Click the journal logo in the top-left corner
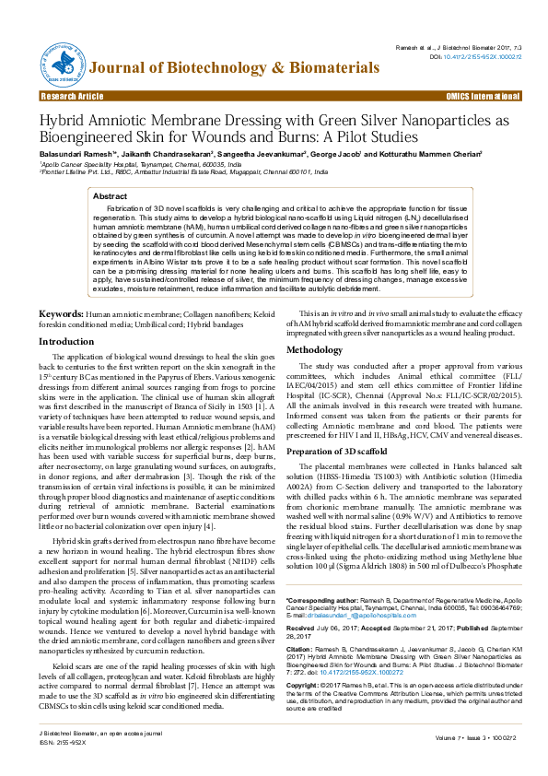click(x=56, y=56)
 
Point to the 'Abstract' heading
click(x=111, y=196)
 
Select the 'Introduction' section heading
click(x=65, y=341)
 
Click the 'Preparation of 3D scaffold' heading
click(x=348, y=452)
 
